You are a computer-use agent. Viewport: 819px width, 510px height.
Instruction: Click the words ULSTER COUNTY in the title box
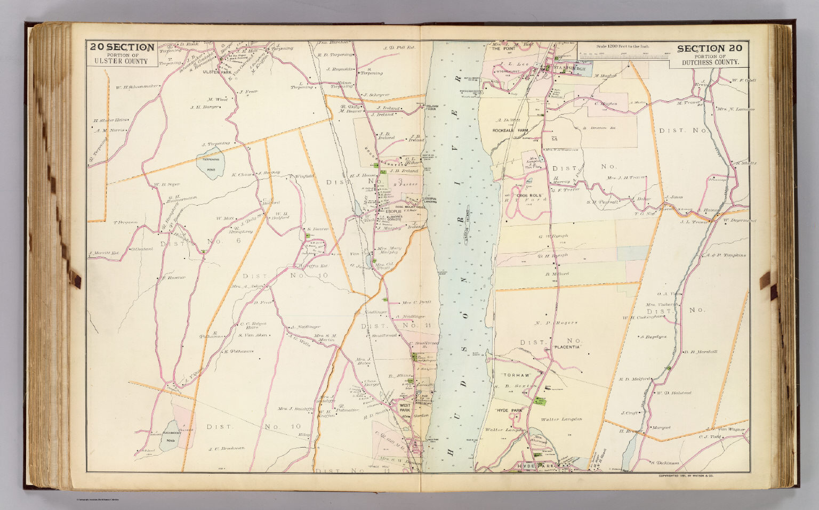[x=122, y=61]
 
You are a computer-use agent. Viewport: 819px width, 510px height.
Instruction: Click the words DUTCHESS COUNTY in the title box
[x=712, y=62]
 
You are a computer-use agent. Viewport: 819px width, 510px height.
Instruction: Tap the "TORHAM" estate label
[x=510, y=375]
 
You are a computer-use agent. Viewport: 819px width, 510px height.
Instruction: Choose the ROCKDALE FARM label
[x=510, y=129]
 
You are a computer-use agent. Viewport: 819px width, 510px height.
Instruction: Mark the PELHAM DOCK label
[x=431, y=108]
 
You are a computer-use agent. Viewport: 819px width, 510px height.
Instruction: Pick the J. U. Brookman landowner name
[x=226, y=448]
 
